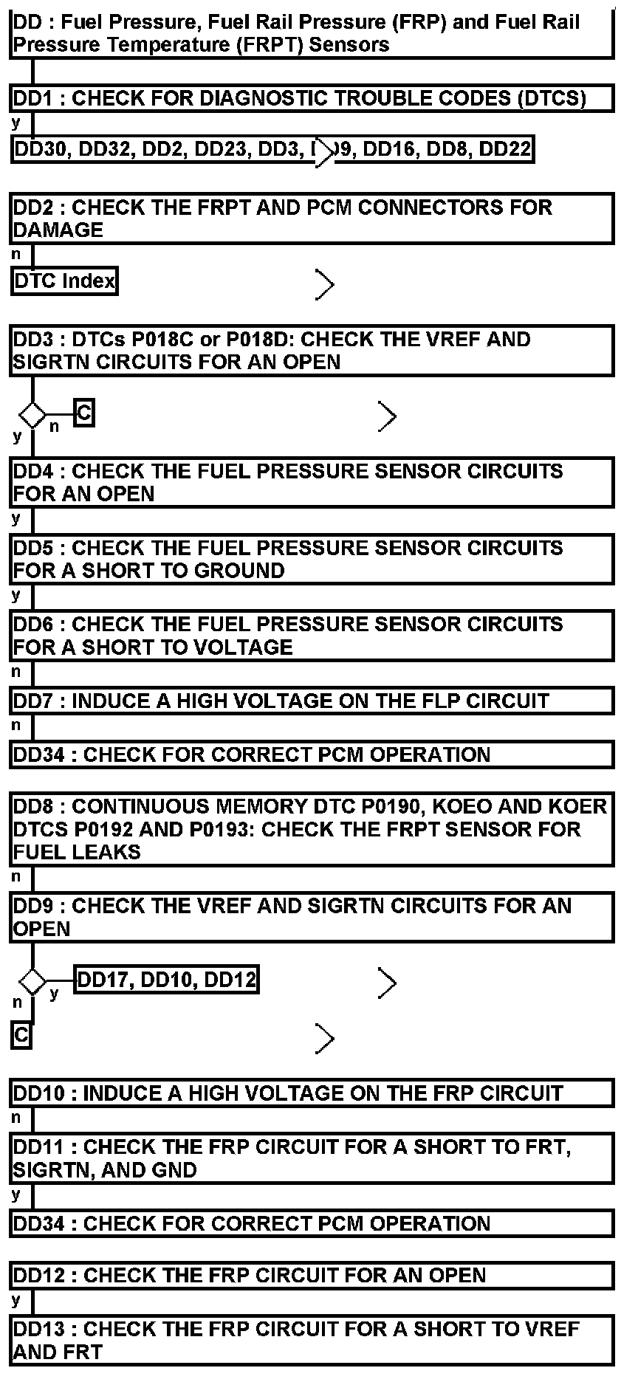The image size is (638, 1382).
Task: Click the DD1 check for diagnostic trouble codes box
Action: click(312, 98)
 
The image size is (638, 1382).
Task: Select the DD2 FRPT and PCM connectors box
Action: click(312, 219)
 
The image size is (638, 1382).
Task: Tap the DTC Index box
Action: click(65, 281)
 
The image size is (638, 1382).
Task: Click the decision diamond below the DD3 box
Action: click(32, 414)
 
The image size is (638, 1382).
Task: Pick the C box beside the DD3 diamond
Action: click(84, 413)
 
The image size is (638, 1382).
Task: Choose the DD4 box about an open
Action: click(312, 482)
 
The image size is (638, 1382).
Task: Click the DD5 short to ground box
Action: click(312, 559)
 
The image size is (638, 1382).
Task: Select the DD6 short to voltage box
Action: click(312, 636)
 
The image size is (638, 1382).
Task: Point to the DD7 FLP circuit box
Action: click(312, 701)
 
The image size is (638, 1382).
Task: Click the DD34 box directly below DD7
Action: click(312, 754)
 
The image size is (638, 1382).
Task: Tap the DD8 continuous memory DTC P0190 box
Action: click(312, 829)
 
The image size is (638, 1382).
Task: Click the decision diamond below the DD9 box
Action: click(32, 982)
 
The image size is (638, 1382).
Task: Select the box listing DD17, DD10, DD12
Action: click(167, 980)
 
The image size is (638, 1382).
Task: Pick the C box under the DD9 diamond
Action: click(21, 1035)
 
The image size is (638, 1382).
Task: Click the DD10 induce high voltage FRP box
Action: click(312, 1093)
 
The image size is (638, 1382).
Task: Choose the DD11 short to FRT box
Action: click(312, 1158)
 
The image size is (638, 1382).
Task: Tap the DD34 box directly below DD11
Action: click(312, 1223)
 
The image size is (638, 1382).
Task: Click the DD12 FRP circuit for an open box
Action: click(312, 1275)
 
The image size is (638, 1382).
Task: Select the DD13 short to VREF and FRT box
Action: click(312, 1340)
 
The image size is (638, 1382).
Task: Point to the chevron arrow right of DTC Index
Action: click(324, 284)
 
